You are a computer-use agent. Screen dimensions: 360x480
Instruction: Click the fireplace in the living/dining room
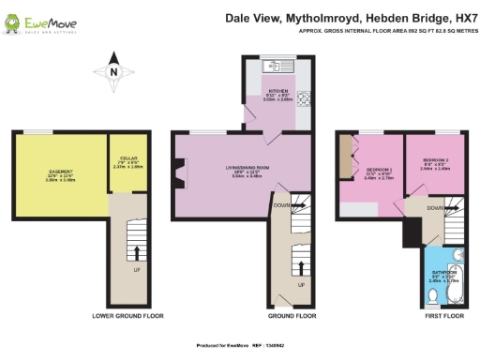(177, 174)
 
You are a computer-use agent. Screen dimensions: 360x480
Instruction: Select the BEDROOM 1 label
(377, 172)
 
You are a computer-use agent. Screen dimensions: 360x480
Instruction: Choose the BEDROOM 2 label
(434, 161)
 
